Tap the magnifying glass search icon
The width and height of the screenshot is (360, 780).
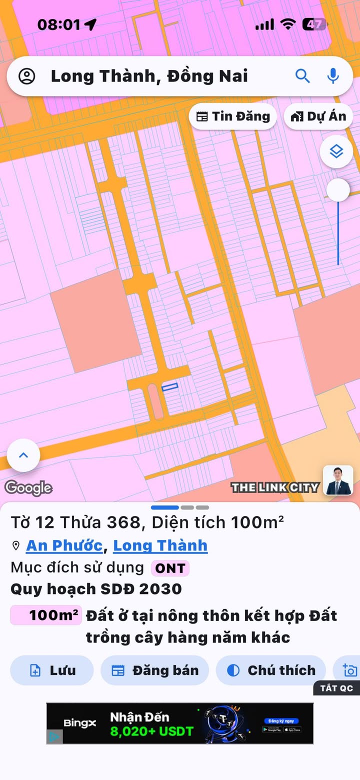coord(302,76)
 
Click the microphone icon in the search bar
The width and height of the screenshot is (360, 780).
coord(333,76)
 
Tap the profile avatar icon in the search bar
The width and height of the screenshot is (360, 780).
coord(27,76)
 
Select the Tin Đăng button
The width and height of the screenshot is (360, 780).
coord(233,116)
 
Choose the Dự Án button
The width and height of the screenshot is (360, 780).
coord(318,116)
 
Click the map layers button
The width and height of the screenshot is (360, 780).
coord(336,151)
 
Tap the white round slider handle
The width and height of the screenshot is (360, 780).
coord(338,190)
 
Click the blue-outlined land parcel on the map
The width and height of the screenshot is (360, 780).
coord(170,386)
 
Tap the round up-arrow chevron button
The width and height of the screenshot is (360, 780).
coord(23,455)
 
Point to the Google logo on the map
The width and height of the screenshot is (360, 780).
coord(28,488)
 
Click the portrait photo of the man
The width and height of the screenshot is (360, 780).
coord(338,480)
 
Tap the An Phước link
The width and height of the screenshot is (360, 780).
coord(64,545)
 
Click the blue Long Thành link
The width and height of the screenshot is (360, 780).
coord(160,545)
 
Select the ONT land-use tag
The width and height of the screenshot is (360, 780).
coord(170,568)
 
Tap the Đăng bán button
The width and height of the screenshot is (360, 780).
coord(155,670)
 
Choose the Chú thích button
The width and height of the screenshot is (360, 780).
coord(271,670)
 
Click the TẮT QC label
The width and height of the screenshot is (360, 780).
coord(337,688)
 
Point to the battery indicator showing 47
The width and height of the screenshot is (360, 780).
coord(314,24)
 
